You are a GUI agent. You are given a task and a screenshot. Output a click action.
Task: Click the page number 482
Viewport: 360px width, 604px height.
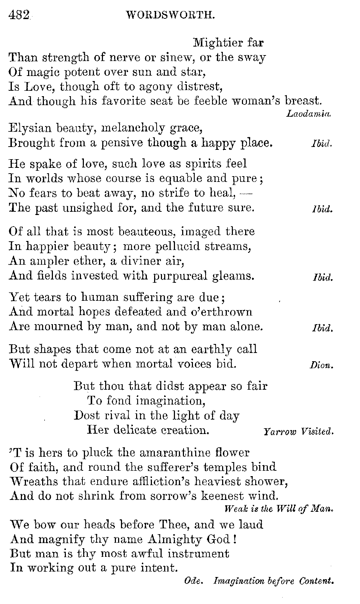[x=18, y=15]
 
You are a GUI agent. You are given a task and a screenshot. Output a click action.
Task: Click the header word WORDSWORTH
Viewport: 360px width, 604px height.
[x=171, y=15]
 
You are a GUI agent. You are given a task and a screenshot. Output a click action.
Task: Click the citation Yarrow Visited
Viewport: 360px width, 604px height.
[x=298, y=431]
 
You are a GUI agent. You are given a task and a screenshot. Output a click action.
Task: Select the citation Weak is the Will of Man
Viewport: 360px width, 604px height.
[x=278, y=509]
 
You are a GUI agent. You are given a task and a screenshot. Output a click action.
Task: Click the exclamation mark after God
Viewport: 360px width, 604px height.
[x=235, y=539]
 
